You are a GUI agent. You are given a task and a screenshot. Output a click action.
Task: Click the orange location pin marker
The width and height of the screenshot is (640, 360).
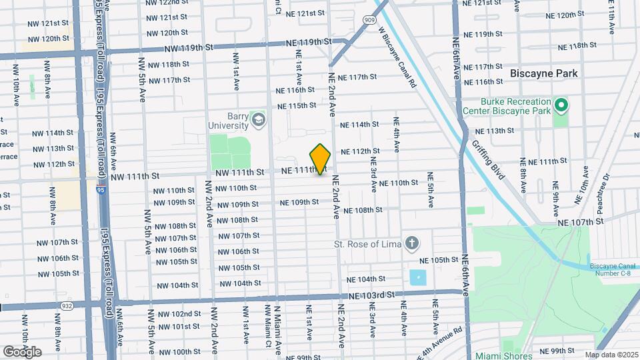tap(321, 159)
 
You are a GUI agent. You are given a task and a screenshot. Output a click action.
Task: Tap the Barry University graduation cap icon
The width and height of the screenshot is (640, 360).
tap(258, 120)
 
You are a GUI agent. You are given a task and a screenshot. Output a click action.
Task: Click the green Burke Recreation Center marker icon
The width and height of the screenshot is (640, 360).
tap(561, 105)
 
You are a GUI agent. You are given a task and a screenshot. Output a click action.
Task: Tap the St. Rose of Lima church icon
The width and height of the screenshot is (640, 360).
tap(412, 243)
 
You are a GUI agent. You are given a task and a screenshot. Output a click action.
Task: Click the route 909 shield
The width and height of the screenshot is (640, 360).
tap(369, 19)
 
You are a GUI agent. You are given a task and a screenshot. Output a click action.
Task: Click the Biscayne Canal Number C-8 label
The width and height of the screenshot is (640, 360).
tap(613, 271)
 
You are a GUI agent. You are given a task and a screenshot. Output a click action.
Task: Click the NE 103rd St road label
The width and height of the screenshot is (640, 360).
tap(368, 294)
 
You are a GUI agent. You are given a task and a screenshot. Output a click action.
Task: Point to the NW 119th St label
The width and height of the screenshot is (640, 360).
tap(191, 47)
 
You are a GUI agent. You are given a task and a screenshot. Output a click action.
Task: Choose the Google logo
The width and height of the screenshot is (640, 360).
tap(22, 351)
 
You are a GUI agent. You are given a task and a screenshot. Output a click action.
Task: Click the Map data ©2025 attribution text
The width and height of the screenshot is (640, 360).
tap(611, 355)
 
